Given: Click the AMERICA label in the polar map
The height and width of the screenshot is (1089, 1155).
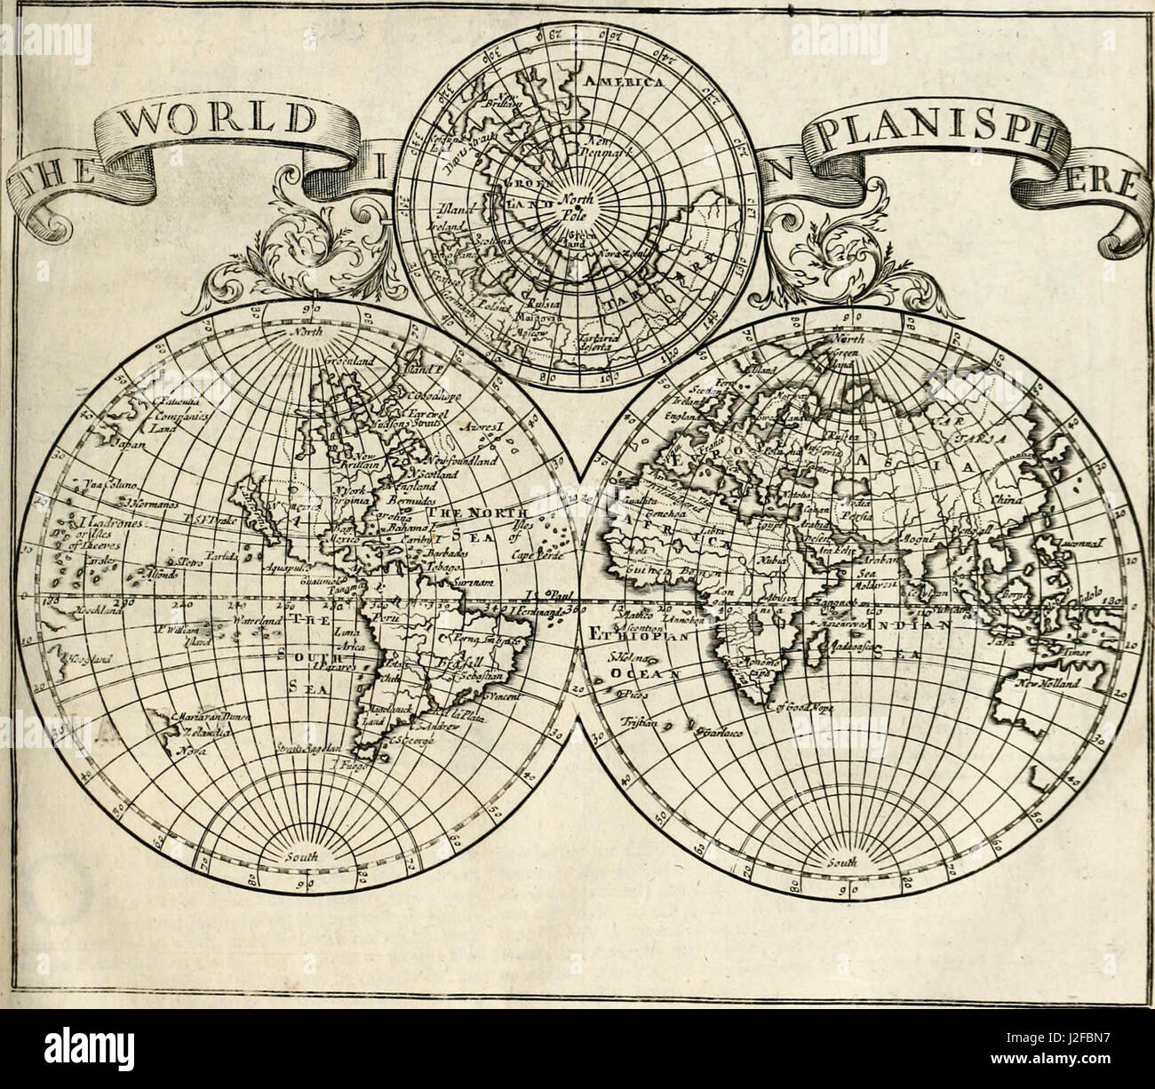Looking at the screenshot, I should [x=623, y=82].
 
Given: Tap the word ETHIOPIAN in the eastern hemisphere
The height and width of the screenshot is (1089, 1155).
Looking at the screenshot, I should [x=631, y=634].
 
